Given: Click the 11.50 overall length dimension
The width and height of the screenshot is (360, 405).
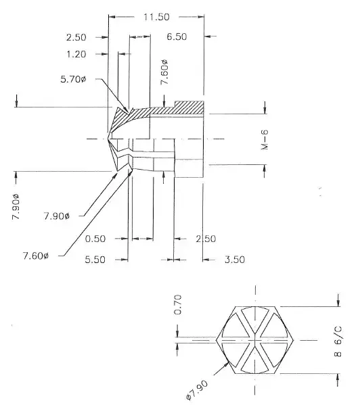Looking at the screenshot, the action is tap(156, 17).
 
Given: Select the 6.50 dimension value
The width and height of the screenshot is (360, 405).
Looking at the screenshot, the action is tap(177, 37).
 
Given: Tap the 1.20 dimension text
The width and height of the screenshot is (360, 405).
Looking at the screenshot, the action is tap(76, 54).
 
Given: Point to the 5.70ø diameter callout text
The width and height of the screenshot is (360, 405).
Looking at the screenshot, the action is tap(73, 79).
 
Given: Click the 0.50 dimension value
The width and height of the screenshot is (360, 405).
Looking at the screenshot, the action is tap(95, 239).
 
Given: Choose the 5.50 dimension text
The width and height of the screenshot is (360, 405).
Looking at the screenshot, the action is tap(95, 260).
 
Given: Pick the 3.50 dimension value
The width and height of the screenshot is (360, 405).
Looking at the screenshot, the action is tap(235, 260).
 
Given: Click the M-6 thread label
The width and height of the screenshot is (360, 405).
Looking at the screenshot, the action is tap(265, 139).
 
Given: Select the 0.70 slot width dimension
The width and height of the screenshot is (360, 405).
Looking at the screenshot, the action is tap(178, 305).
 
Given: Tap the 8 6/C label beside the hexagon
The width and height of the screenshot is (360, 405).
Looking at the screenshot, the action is tap(338, 341).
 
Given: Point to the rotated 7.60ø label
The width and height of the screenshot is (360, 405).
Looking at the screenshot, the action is tap(164, 72).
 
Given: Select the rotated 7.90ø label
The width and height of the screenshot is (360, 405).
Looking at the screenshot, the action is tap(16, 206).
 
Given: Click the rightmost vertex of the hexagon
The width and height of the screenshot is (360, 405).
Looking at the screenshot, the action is tap(294, 340).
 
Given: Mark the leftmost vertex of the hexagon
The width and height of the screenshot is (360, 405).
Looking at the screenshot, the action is tap(216, 340).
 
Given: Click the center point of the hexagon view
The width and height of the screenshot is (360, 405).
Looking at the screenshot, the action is tap(255, 340).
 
